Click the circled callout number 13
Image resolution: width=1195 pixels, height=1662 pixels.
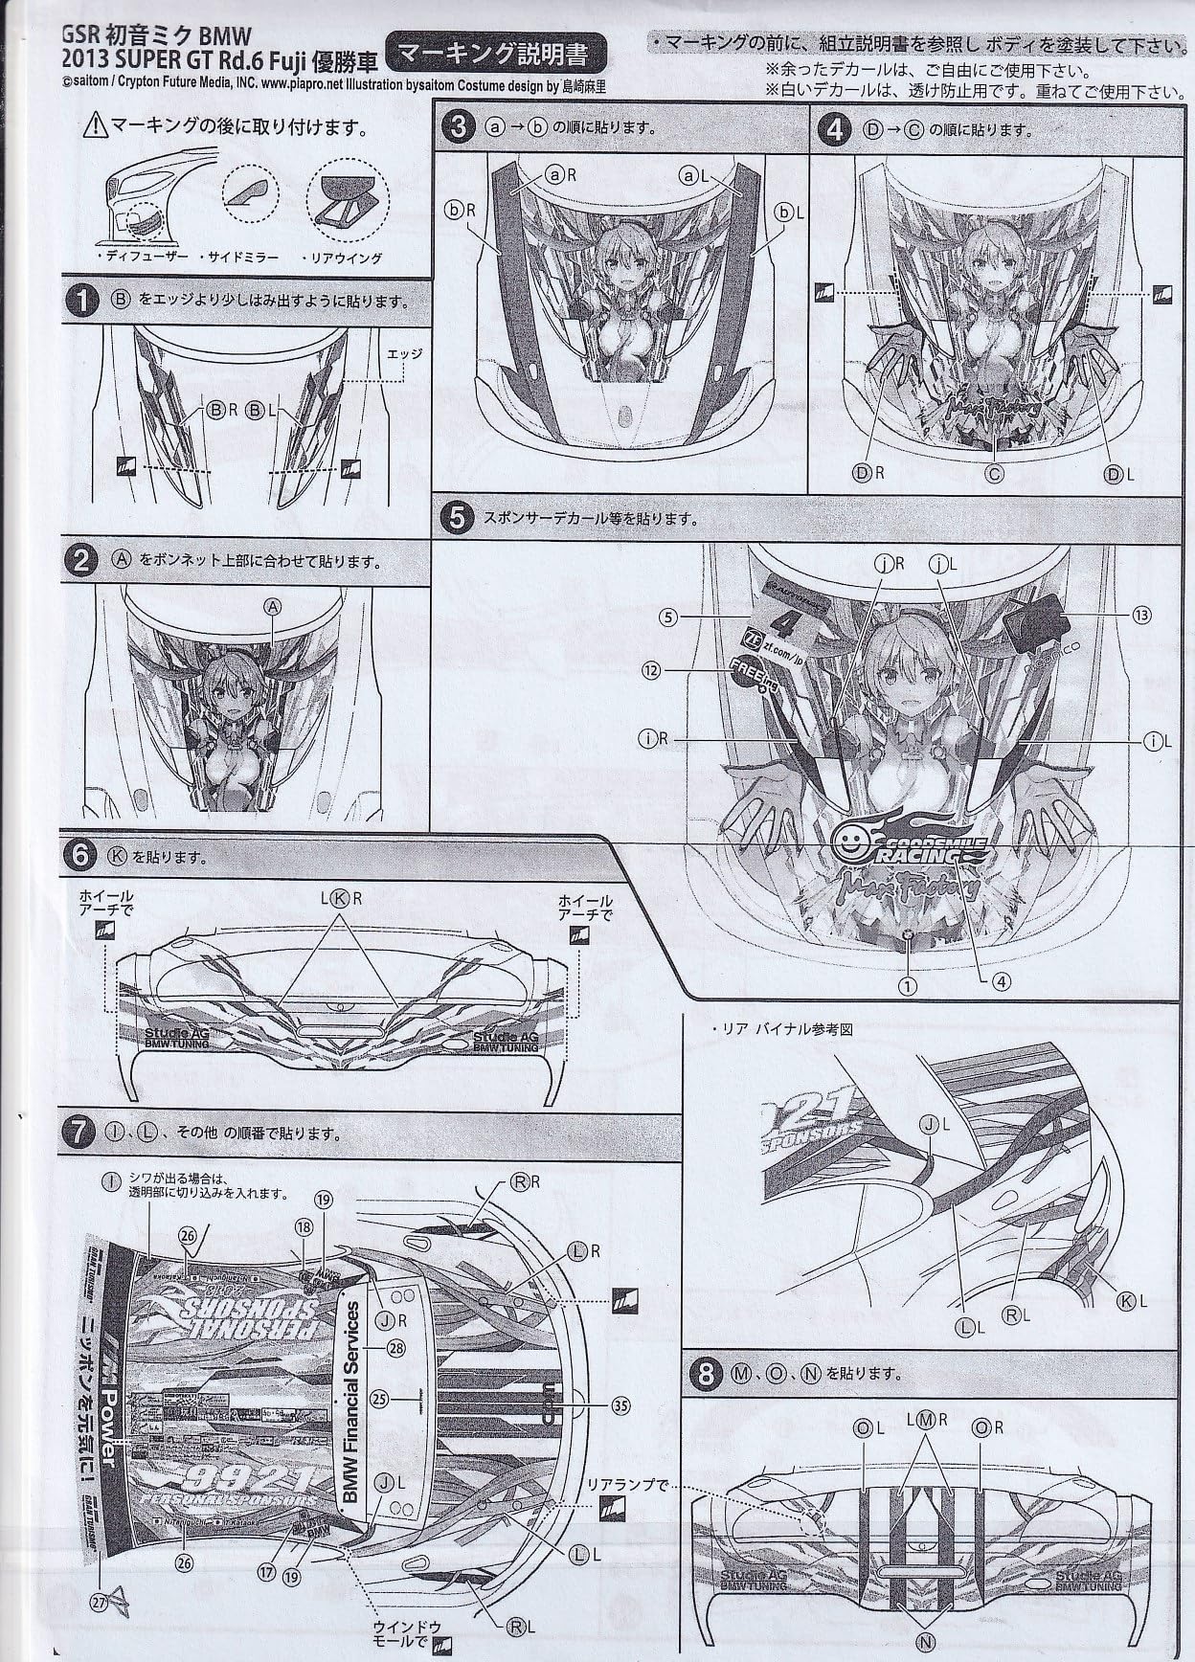tap(1140, 616)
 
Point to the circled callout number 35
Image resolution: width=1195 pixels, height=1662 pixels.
tap(621, 1405)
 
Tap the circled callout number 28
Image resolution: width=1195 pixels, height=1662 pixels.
tap(395, 1348)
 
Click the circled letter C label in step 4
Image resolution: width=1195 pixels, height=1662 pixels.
tap(996, 473)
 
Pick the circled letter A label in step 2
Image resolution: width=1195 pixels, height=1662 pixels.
tap(273, 606)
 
